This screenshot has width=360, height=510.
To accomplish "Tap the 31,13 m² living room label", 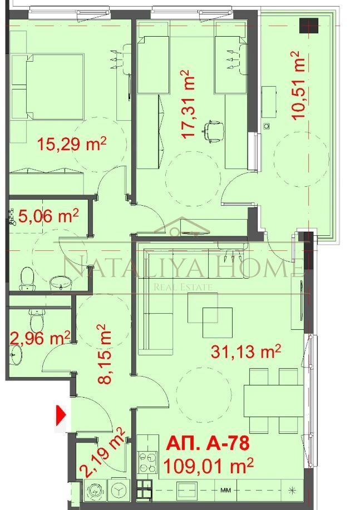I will coord(245,351).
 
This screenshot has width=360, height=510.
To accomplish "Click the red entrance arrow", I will coord(61,414).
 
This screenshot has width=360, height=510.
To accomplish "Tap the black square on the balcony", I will coord(307,25).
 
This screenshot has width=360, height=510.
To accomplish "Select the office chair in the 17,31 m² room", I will coord(213,131).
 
